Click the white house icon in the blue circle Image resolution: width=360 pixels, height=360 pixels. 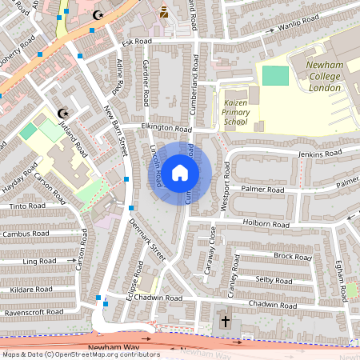[180, 172]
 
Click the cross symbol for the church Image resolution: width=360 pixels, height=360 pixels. [226, 322]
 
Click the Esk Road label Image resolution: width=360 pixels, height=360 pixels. [137, 41]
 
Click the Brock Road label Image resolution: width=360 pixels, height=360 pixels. [292, 256]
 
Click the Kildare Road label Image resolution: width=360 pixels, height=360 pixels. [27, 287]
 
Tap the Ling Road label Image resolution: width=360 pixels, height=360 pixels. [39, 262]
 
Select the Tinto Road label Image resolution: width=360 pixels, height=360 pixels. [18, 206]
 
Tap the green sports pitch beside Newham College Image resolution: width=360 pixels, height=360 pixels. [274, 76]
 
